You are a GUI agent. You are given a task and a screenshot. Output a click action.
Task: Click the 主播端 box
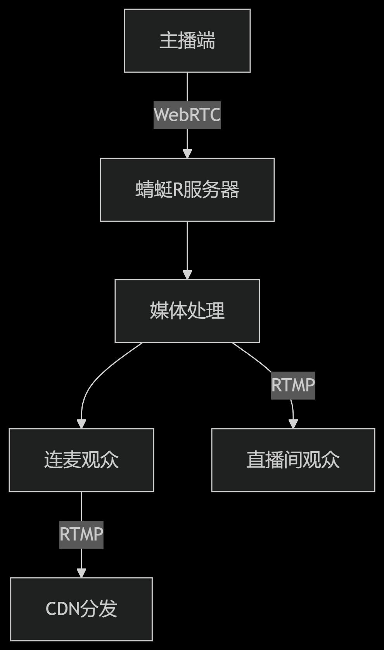[187, 41]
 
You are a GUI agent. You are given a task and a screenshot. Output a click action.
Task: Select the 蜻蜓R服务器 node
[187, 190]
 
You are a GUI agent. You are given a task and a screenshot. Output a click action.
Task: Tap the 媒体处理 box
[187, 311]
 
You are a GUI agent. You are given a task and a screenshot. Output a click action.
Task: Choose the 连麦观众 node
[81, 460]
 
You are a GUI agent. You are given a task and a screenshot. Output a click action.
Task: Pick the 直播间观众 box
[293, 460]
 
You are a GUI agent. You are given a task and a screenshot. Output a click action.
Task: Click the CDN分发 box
[81, 609]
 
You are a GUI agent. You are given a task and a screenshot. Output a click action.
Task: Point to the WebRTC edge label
[187, 115]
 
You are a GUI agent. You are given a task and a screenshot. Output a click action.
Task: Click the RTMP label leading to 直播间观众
[293, 385]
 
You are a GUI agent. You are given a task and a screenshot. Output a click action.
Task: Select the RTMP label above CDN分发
[81, 534]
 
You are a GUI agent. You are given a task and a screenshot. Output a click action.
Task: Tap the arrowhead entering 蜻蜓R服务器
[187, 154]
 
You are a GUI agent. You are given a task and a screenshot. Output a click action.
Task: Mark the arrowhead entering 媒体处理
[187, 275]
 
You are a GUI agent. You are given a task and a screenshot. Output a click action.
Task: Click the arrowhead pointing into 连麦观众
[81, 424]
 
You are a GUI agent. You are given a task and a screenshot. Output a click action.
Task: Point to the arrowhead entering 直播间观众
[293, 424]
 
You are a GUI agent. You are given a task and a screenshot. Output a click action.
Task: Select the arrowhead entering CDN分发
[81, 573]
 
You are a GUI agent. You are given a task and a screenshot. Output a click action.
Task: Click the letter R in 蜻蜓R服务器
[178, 190]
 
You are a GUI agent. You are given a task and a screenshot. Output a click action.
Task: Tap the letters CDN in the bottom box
[62, 609]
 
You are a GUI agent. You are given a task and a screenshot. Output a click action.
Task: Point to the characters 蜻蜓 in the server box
[154, 190]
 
